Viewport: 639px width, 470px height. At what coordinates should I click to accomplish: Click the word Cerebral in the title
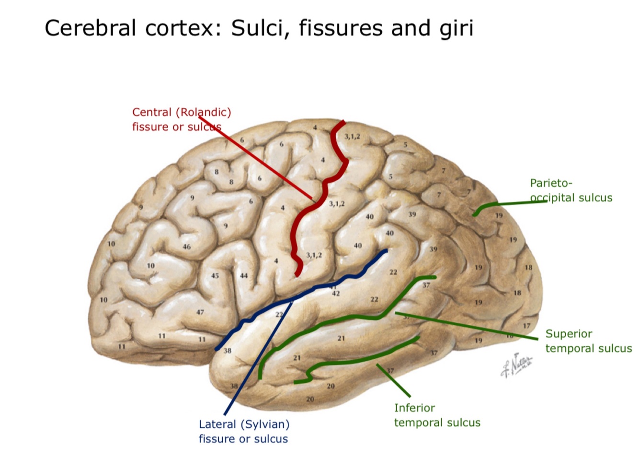tap(91, 28)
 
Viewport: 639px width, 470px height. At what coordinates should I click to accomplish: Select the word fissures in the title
tap(341, 28)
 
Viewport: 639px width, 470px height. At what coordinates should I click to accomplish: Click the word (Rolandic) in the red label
tap(203, 112)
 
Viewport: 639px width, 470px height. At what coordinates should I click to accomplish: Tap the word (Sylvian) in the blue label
tap(265, 424)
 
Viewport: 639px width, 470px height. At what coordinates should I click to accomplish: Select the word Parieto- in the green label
tap(551, 183)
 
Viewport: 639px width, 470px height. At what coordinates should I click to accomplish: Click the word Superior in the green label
tap(569, 334)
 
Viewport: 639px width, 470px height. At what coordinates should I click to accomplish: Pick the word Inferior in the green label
tap(414, 408)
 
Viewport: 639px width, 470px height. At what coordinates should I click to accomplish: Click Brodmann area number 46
tap(186, 247)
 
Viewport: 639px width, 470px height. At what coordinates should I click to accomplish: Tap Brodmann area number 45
tap(215, 276)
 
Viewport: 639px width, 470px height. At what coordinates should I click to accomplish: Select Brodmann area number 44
tap(244, 276)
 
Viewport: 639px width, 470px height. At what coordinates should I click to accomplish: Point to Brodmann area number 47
tap(200, 312)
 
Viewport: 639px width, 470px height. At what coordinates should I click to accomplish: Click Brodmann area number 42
tap(336, 294)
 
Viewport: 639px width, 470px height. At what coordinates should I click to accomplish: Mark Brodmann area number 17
tap(526, 326)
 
